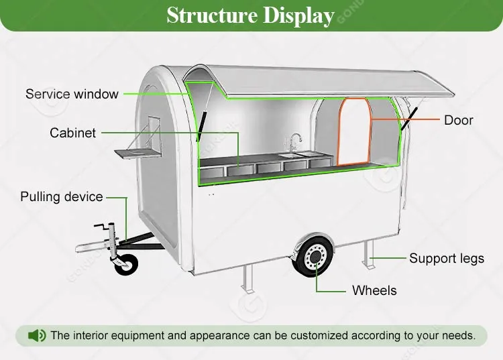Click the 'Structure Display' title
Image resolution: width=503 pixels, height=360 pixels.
[250, 15]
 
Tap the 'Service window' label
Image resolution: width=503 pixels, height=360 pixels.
[72, 94]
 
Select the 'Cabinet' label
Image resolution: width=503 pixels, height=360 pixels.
[72, 133]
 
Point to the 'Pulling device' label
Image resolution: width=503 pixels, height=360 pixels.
[62, 197]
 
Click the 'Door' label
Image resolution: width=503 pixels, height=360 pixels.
[459, 120]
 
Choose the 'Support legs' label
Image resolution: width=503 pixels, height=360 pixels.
[447, 258]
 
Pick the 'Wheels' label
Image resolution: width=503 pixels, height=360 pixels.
[374, 290]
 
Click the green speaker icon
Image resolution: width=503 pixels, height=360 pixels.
[37, 335]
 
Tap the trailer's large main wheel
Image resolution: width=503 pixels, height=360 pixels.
[313, 257]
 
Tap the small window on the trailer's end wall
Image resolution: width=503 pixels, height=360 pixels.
[154, 132]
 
